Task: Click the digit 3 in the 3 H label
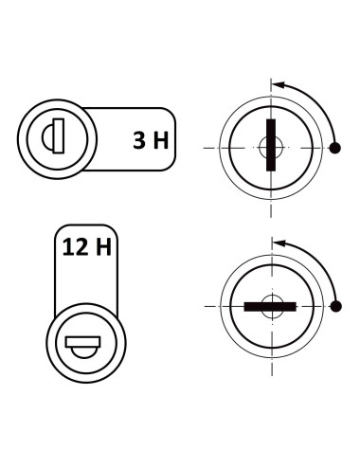coord(139,142)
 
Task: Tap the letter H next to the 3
coord(161,142)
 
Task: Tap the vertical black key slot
coord(270,147)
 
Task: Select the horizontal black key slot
coord(270,306)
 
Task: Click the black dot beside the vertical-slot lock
coord(334,149)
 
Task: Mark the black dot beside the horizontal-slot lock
coord(334,305)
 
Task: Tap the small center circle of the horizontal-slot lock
coord(270,300)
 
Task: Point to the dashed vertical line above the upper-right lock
coord(271,87)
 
